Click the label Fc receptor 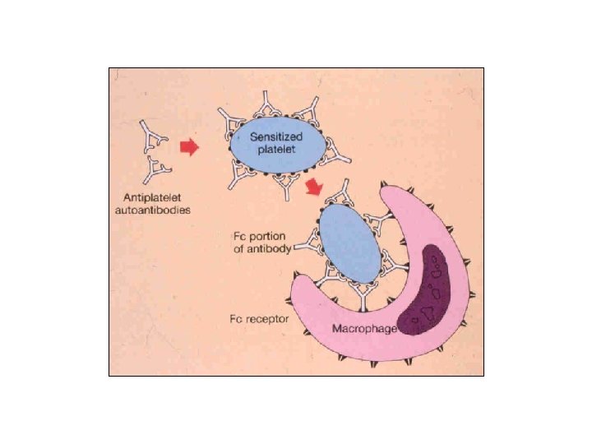pos(257,318)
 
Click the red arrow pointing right pos(190,147)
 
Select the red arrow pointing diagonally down pos(313,188)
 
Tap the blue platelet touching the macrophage pos(348,243)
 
